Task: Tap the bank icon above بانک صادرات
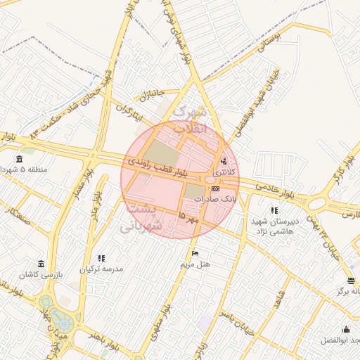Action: (215, 188)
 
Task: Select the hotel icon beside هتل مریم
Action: (195, 253)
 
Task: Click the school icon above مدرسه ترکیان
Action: (101, 258)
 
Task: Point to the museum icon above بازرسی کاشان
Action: (41, 264)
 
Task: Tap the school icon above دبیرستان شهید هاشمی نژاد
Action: (274, 210)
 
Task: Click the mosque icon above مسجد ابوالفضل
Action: (347, 329)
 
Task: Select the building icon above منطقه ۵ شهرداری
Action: (19, 159)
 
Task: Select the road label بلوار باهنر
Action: (105, 335)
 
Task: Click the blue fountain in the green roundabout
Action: (64, 324)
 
